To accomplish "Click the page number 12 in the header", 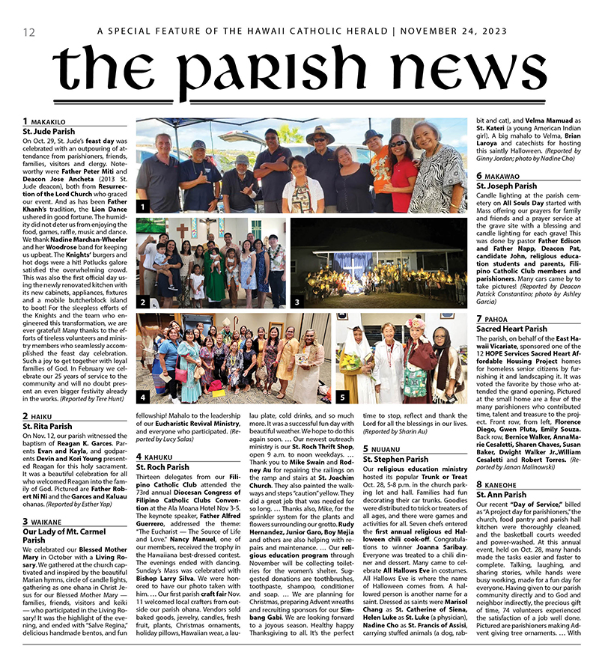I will pyautogui.click(x=29, y=32).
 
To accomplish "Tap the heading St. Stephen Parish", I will pyautogui.click(x=395, y=459).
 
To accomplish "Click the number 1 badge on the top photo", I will pyautogui.click(x=143, y=206).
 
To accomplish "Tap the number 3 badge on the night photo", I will pyautogui.click(x=297, y=302).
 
